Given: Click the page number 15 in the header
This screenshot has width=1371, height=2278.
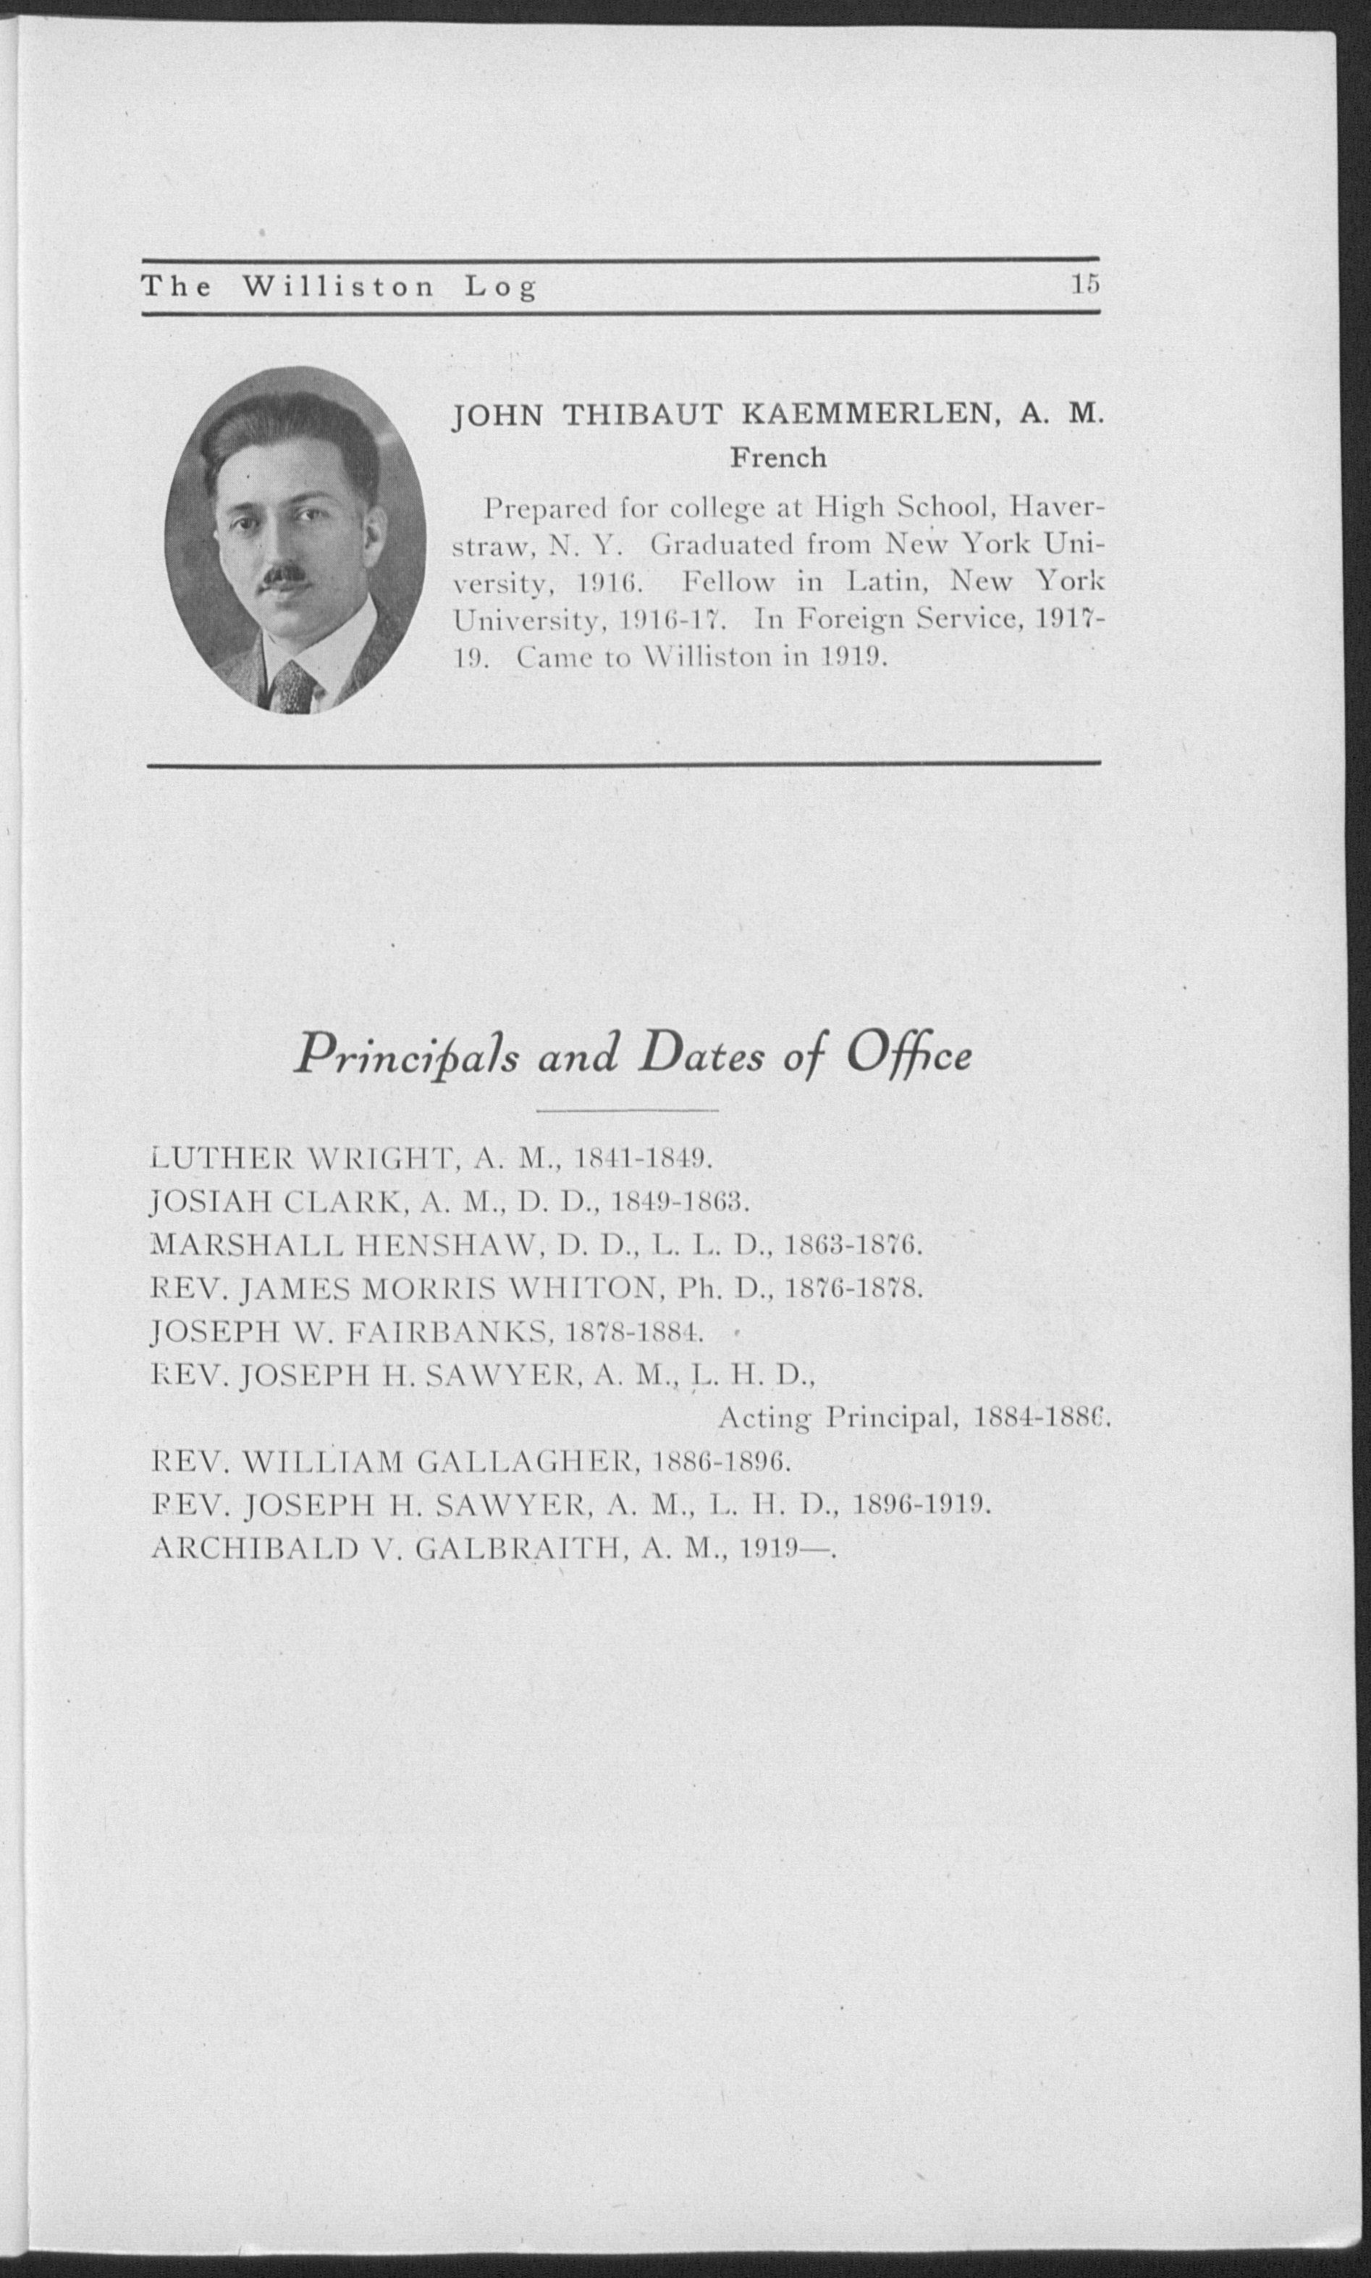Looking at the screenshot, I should point(1084,285).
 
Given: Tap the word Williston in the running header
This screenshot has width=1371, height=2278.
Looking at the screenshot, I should point(338,288).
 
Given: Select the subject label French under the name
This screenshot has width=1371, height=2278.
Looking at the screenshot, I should point(778,458).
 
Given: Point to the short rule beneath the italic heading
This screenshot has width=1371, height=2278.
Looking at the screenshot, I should point(628,1109).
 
